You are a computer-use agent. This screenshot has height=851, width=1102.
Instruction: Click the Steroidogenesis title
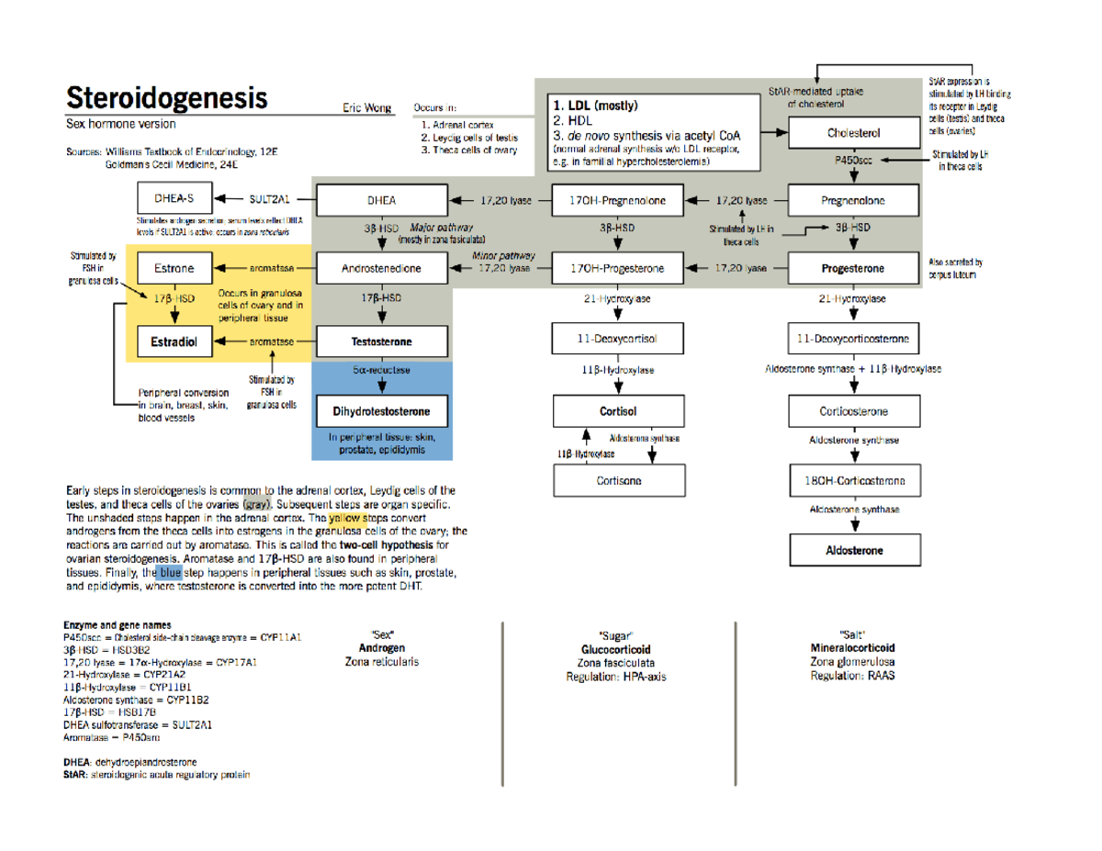click(x=166, y=96)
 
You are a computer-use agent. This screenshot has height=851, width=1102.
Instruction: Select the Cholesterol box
click(x=854, y=132)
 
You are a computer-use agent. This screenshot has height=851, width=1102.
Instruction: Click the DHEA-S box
click(x=174, y=197)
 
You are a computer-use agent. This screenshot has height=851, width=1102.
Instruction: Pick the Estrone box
click(x=174, y=268)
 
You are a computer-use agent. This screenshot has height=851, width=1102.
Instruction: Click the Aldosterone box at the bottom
click(x=854, y=550)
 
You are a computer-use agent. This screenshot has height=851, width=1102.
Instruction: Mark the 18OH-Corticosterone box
click(x=854, y=480)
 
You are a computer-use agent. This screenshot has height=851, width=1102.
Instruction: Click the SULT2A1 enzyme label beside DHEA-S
click(x=270, y=197)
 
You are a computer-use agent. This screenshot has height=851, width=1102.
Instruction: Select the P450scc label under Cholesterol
click(x=853, y=161)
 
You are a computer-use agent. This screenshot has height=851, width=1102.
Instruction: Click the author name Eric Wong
click(x=367, y=107)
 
